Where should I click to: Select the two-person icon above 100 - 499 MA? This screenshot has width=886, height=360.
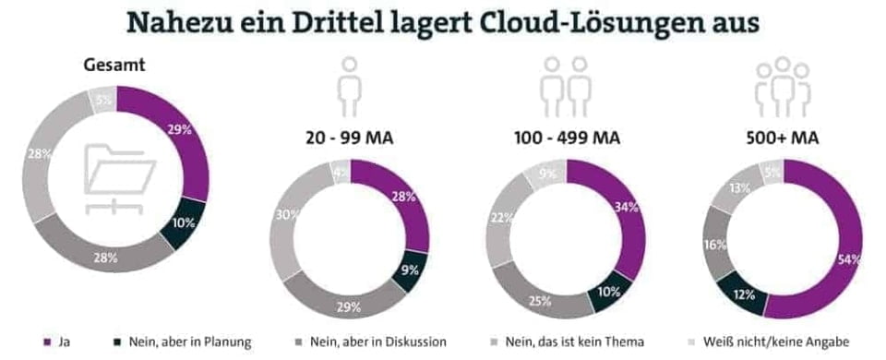(x=566, y=83)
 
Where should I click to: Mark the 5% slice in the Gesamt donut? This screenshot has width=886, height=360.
(x=102, y=98)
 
